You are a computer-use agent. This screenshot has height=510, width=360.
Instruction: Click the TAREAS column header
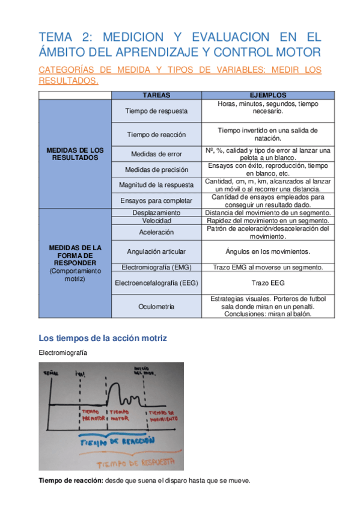[x=156, y=95]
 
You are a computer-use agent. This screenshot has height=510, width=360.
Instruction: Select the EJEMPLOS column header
[x=267, y=95]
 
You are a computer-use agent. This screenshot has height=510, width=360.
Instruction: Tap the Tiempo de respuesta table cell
[x=156, y=111]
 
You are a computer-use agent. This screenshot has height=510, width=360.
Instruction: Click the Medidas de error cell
[x=156, y=153]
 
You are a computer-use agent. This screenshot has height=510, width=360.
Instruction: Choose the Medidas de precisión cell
[x=156, y=170]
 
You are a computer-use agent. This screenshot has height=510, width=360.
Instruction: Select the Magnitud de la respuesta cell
[x=156, y=185]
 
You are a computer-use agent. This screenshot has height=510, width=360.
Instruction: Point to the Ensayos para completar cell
[x=156, y=200]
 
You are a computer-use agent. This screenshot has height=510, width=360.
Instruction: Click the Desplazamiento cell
[x=156, y=213]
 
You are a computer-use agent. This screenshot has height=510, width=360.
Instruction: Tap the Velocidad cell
[x=156, y=221]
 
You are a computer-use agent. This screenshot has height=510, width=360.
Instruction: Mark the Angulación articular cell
[x=156, y=251]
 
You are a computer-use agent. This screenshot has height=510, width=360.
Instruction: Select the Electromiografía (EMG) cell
[x=156, y=267]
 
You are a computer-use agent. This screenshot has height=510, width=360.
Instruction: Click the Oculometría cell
[x=156, y=307]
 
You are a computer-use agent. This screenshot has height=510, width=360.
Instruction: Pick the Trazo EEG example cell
[x=268, y=283]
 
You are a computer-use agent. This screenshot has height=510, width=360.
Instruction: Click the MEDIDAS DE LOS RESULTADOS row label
[x=75, y=153]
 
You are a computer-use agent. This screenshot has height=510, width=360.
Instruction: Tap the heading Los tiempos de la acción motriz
[x=102, y=339]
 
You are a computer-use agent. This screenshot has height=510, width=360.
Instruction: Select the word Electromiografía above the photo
[x=63, y=353]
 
